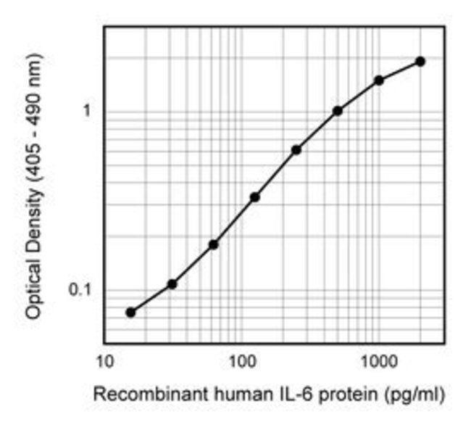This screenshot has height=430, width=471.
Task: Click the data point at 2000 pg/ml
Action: tap(420, 62)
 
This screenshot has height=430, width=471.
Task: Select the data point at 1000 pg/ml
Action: tap(378, 80)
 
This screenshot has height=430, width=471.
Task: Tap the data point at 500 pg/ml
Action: tap(338, 111)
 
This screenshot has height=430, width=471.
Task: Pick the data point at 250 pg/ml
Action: tap(296, 150)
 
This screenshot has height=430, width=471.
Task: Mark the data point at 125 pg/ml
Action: tap(255, 197)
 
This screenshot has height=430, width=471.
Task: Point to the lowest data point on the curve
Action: tap(130, 313)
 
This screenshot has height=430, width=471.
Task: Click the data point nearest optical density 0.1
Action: tap(172, 284)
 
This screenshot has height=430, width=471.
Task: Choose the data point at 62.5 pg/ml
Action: tap(213, 244)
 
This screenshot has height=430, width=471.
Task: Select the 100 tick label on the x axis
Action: tap(241, 360)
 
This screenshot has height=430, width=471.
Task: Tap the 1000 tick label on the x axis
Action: tap(377, 360)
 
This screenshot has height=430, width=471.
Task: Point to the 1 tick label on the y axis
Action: tap(86, 111)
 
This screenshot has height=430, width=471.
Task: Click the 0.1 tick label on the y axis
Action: tap(80, 291)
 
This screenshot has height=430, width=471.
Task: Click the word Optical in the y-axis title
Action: tap(33, 286)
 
